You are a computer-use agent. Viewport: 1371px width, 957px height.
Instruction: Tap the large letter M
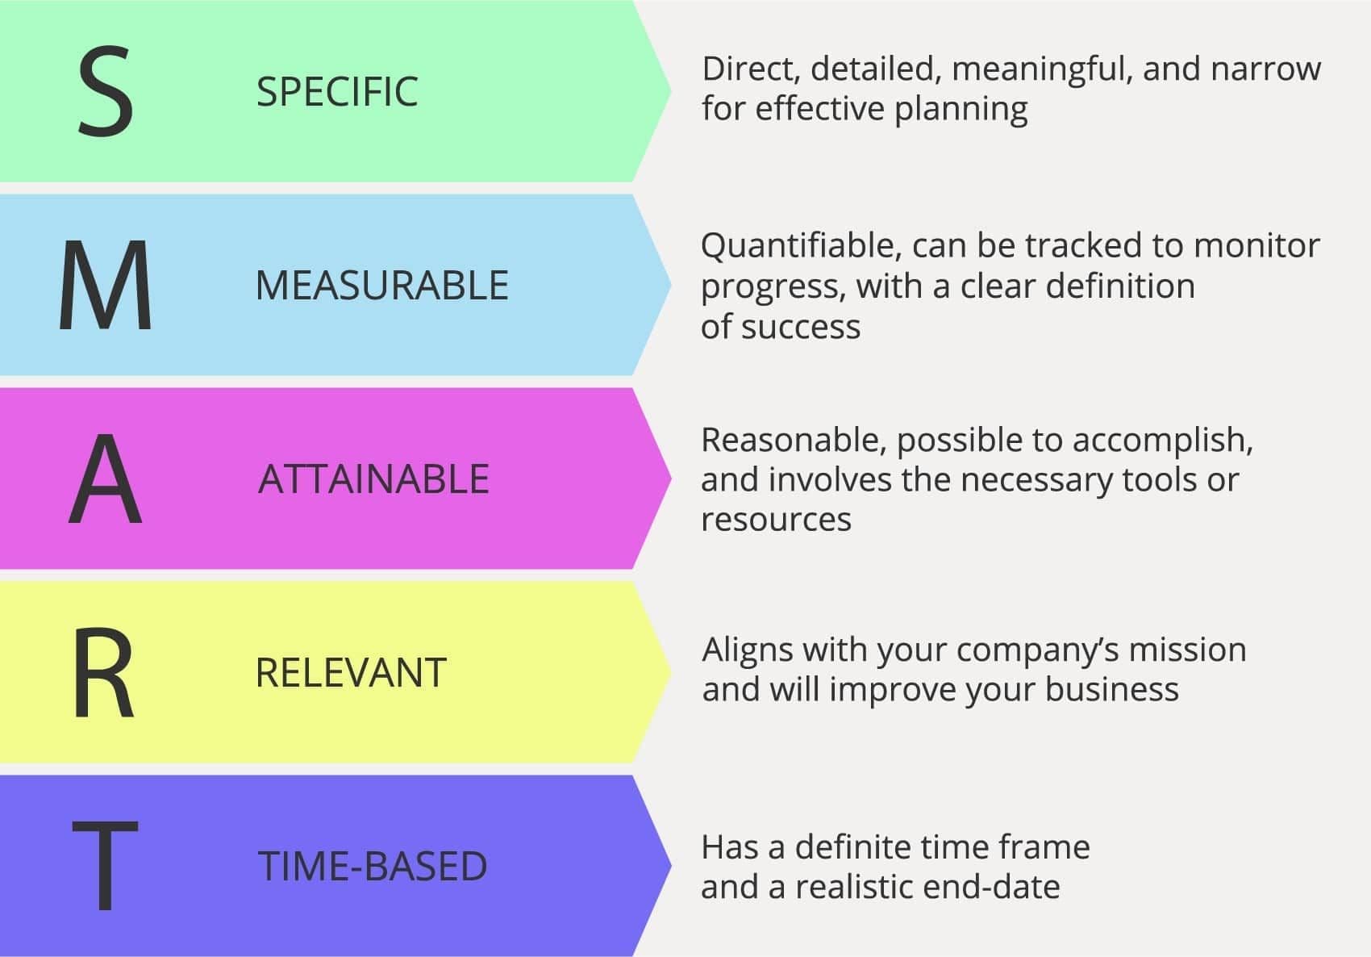[x=106, y=285]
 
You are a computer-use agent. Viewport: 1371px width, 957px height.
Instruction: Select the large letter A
[x=106, y=478]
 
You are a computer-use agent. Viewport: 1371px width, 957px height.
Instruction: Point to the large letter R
[x=104, y=671]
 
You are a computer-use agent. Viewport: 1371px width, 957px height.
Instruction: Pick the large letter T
[x=106, y=865]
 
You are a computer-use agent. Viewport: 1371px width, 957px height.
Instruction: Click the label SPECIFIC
[x=337, y=92]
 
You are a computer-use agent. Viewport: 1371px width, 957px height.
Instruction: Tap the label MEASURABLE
[x=382, y=286]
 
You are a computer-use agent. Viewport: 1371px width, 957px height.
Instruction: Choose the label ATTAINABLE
[x=374, y=478]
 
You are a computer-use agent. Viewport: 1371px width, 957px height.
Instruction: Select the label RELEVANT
[x=352, y=672]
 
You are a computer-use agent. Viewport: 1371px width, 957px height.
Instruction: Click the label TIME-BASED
[x=373, y=866]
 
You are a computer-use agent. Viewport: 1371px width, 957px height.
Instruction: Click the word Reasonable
[x=794, y=441]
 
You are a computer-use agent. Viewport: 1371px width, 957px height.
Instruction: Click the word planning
[x=961, y=111]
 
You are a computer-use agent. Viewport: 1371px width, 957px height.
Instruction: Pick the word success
[x=801, y=328]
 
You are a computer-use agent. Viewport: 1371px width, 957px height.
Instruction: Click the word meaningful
[x=1039, y=70]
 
